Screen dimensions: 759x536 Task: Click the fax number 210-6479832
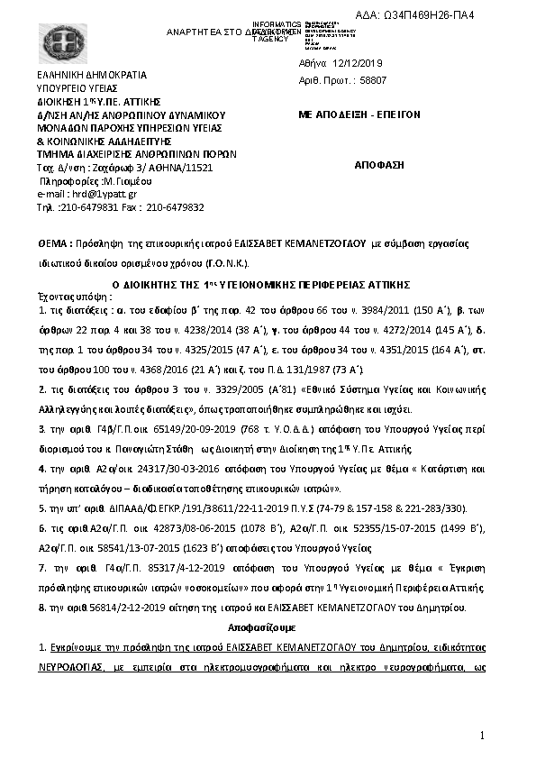(175, 207)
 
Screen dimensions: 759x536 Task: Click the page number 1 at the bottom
(483, 736)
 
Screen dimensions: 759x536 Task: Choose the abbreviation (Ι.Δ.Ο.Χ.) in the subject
(225, 263)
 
